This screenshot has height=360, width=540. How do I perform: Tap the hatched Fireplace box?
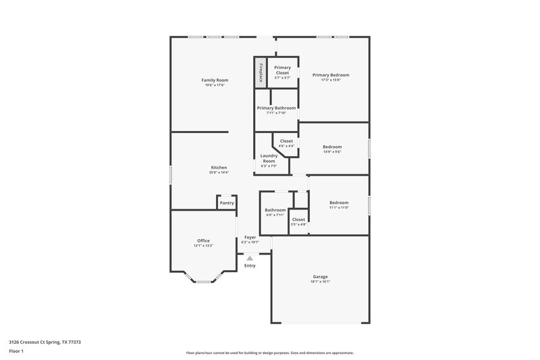point(260,72)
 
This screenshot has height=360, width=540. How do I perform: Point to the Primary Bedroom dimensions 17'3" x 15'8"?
point(331,80)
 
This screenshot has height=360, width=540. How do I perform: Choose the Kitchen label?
point(219,168)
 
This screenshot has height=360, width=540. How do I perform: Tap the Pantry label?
point(227,203)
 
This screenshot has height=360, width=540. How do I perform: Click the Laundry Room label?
point(268,159)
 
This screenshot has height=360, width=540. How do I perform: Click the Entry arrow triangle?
point(250,258)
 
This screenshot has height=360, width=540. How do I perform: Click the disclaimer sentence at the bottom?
point(269,353)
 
